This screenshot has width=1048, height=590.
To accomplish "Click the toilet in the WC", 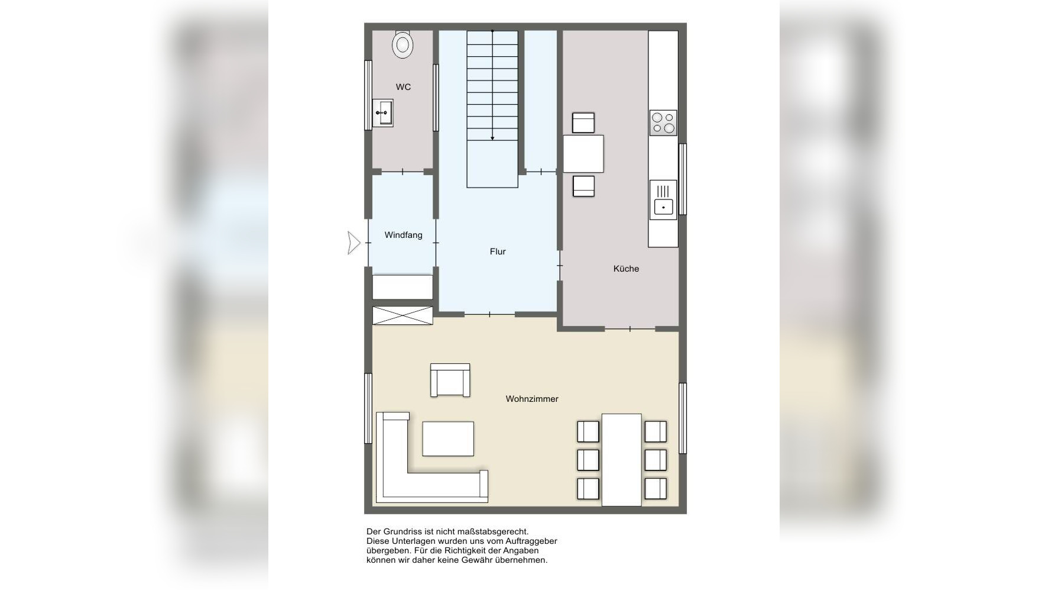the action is (403, 44).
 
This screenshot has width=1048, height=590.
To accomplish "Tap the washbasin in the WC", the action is (383, 112).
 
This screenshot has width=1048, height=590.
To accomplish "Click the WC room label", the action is (403, 87).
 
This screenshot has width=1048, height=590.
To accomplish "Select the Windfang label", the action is (403, 235).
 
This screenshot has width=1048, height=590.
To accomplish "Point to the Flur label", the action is (498, 252).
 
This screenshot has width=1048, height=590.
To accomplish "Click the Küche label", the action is (626, 269).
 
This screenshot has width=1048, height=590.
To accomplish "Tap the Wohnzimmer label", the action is (532, 399).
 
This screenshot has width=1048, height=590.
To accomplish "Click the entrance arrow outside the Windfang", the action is (353, 243).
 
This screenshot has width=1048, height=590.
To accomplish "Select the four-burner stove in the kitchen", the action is (663, 123).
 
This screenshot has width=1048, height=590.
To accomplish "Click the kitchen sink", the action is (663, 200).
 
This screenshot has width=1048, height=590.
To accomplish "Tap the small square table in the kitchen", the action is (583, 154).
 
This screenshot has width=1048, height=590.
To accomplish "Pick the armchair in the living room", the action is (450, 380).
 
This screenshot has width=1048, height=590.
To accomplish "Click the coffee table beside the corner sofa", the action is (448, 439).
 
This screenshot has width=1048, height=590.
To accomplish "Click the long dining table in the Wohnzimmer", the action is (621, 460).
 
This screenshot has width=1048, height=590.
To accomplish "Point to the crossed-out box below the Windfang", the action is (403, 315).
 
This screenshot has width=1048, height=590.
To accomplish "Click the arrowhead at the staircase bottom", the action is (492, 138).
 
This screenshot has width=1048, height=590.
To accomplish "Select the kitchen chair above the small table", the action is (583, 123).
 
